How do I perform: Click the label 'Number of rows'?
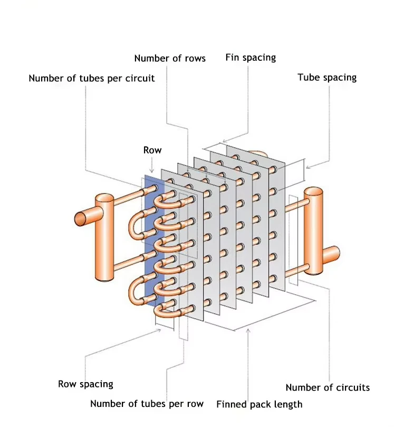pos(170,58)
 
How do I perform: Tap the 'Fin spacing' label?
pos(251,58)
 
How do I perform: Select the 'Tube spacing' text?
pos(327,77)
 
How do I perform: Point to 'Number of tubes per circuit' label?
pos(92,78)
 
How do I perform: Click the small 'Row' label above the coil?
pos(152,150)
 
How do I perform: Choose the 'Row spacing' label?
pos(85,384)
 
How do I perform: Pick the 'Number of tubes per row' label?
pos(147,404)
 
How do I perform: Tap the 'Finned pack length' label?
pos(259,404)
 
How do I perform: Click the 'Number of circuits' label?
pos(328,387)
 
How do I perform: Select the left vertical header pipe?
pos(104,237)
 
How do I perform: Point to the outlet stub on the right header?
pos(331,255)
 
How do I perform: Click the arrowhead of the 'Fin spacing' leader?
pos(225,141)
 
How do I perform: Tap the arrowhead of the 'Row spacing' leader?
pos(159,330)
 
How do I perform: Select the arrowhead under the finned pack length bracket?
pos(248,331)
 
